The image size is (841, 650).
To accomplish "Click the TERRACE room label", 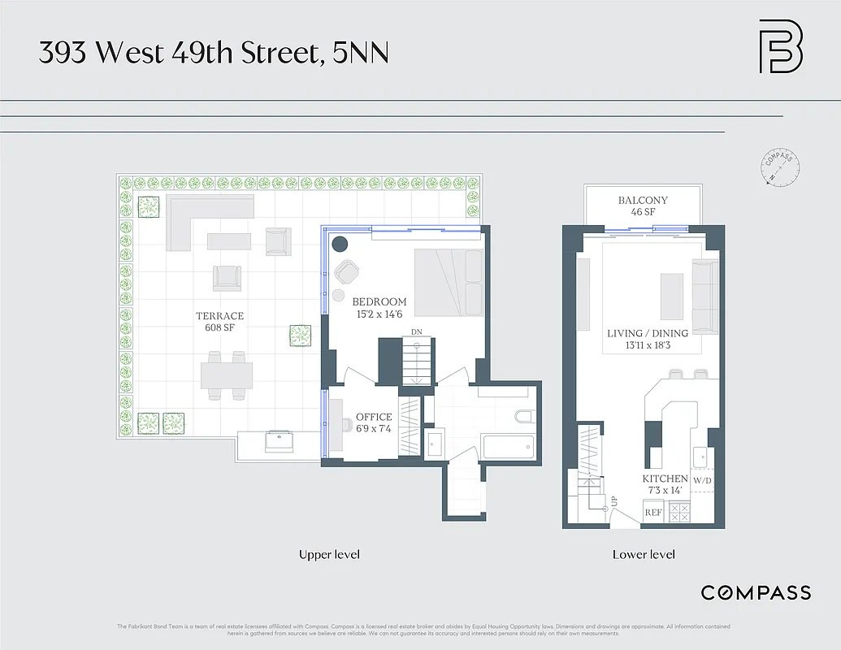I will (x=219, y=316).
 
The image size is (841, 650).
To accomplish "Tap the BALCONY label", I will (x=643, y=201).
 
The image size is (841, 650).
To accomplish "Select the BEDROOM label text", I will (x=379, y=302).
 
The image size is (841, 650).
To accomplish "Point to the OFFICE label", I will (x=374, y=418).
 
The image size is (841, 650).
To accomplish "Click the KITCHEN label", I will (x=665, y=479).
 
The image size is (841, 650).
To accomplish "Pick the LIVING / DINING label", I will (x=648, y=333).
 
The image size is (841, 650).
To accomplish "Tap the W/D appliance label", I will (x=701, y=480).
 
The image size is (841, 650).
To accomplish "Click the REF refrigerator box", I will (x=653, y=513).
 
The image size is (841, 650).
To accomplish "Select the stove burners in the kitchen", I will (x=678, y=513).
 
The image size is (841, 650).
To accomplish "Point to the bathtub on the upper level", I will (x=507, y=448).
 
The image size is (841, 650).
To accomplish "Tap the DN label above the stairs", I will (x=417, y=332).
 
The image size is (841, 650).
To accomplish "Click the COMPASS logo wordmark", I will (x=756, y=592).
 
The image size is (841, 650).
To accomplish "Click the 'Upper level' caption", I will (x=329, y=555).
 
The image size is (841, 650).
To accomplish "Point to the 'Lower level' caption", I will (x=644, y=555).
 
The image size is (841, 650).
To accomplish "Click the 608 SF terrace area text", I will (x=219, y=328).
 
